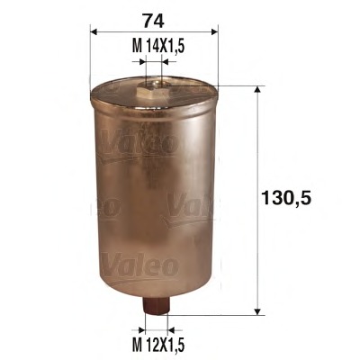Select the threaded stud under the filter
click(x=155, y=309)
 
